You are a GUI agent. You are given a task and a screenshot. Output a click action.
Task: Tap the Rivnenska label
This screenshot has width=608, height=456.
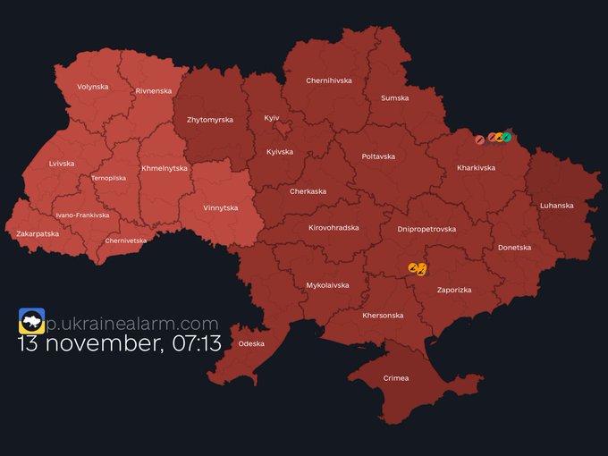point(153,91)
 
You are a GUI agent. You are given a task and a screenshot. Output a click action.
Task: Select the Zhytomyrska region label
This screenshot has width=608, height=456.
point(209,120)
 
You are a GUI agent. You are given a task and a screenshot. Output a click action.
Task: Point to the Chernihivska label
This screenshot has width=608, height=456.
point(329,80)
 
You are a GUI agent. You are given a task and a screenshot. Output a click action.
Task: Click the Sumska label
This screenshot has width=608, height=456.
point(394,98)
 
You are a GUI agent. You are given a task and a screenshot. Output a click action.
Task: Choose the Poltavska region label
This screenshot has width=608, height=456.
point(378,156)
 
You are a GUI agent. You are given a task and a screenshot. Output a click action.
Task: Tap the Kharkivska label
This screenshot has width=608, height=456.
point(476,167)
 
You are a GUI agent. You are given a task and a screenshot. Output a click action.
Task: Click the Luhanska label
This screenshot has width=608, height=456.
point(556,205)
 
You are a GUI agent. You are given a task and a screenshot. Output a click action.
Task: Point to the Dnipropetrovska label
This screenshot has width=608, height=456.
point(426,229)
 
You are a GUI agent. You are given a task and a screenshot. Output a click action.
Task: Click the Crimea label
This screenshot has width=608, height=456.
point(395,378)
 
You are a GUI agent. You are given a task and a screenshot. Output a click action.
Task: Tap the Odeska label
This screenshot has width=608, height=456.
point(251,343)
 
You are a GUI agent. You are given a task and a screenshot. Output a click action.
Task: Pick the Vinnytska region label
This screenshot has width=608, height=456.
point(219,208)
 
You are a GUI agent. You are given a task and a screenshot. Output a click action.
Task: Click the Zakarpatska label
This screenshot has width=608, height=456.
point(38,233)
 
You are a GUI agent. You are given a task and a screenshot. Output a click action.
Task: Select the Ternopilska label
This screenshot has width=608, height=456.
point(108,178)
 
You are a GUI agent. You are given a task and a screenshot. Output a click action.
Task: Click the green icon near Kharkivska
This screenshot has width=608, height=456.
point(507,137)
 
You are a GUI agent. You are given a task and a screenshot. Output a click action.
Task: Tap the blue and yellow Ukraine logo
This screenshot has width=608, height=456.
point(31,321)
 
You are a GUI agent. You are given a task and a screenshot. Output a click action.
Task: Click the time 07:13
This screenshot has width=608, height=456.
point(198,343)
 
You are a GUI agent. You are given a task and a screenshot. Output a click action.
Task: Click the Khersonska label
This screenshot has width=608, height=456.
point(383,316)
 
